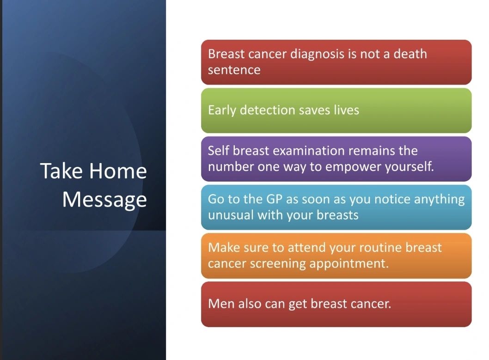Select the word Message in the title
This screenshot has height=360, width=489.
[x=104, y=200]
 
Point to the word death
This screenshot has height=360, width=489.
[x=410, y=54]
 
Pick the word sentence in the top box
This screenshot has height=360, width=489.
[x=234, y=70]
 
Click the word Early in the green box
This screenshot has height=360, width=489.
[x=222, y=110]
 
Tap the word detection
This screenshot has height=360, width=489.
[x=267, y=110]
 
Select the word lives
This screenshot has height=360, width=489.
[x=347, y=110]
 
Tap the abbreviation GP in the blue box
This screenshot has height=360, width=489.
[x=274, y=199]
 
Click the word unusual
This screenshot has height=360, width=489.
[x=231, y=215]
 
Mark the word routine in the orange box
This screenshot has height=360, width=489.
[x=380, y=248]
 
